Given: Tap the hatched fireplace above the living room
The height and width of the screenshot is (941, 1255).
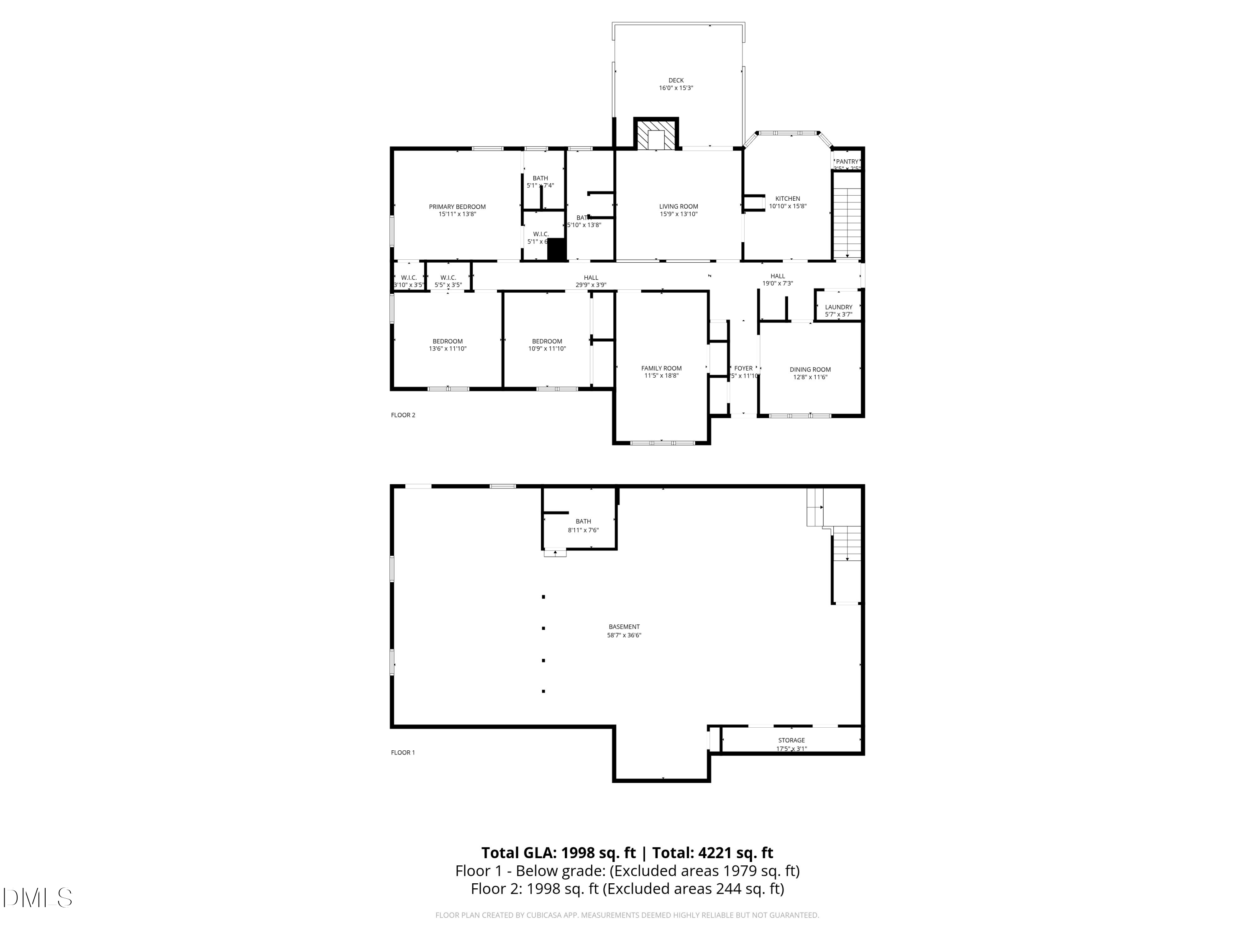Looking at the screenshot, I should coord(656,136).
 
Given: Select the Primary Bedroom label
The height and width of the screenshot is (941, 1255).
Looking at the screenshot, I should coord(457,207).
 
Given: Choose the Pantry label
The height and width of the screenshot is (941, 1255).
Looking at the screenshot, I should coord(847,162).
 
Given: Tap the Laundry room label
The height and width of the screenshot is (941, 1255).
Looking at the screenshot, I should coord(839,307).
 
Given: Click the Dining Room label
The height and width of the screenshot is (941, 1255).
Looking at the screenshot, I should coord(810,369).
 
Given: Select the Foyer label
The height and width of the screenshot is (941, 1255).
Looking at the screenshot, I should coord(743,368).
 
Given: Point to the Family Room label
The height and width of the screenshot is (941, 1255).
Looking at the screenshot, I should coord(661,368).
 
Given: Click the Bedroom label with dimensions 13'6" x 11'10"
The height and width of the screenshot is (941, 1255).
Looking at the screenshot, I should coord(448,341).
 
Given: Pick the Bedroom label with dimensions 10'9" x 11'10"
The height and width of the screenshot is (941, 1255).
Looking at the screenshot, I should coord(547,341).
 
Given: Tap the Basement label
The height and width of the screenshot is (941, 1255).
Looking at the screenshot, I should coord(624,627).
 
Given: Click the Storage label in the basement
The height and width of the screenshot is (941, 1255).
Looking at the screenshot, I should coord(791,740).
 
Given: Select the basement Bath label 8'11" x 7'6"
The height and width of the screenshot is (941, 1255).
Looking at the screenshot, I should coord(583,521).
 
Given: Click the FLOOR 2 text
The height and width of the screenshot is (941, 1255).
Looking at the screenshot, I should coord(403,415).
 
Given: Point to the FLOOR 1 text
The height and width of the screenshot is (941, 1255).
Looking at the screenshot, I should coord(403,753).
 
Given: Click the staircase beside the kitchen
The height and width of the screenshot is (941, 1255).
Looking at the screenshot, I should coord(847,215).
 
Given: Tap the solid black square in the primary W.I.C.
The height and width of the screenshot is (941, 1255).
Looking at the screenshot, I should coord(557,250).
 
